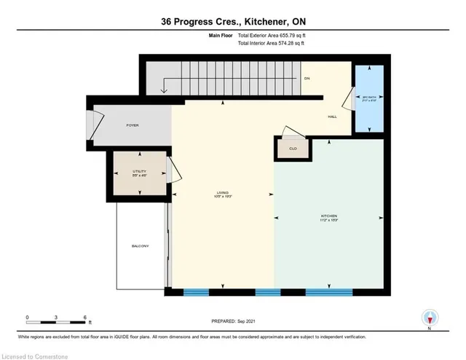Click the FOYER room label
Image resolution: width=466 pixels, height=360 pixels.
tap(132, 125)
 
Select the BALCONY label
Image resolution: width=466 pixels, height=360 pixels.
tap(141, 246)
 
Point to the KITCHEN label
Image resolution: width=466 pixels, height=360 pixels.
tap(330, 216)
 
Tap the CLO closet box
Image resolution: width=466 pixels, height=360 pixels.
tap(291, 148)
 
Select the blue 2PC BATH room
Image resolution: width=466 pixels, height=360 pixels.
tap(368, 99)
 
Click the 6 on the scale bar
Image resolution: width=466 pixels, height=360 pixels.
tap(86, 318)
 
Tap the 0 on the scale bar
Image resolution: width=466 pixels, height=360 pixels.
tap(27, 318)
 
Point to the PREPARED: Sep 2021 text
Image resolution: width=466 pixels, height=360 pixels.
tap(232, 321)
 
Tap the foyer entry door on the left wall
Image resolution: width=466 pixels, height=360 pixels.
tap(90, 125)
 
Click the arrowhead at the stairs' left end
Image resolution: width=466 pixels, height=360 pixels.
tap(165, 91)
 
